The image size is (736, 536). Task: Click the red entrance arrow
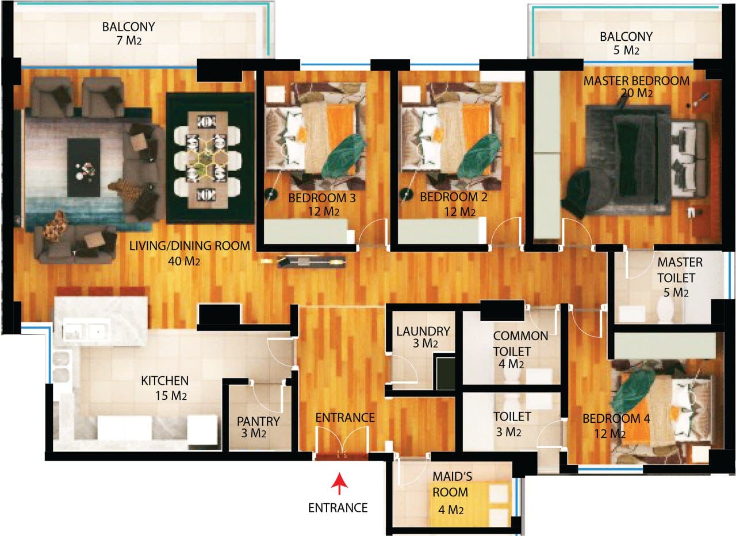[339, 483]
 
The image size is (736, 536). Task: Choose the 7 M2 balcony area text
[129, 41]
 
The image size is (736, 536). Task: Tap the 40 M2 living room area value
[183, 261]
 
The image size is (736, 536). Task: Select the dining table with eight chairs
[208, 160]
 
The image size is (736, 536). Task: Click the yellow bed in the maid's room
[470, 502]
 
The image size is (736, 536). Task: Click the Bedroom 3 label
[322, 198]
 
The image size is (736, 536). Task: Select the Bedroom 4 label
[616, 418]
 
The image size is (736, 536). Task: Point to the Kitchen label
[164, 381]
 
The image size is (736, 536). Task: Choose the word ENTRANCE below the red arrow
[338, 508]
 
